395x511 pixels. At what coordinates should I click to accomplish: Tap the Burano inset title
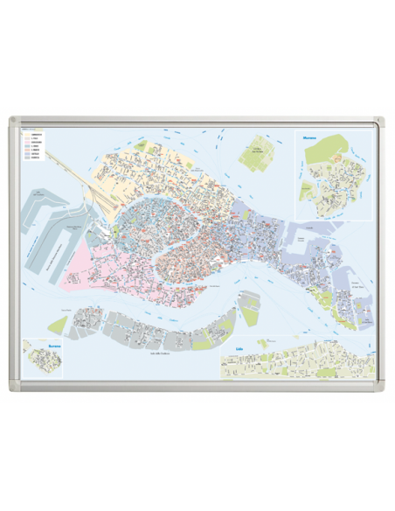coord(33,344)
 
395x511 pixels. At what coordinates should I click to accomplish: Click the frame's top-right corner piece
coord(380,121)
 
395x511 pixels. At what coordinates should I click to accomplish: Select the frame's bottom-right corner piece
coord(380,388)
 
